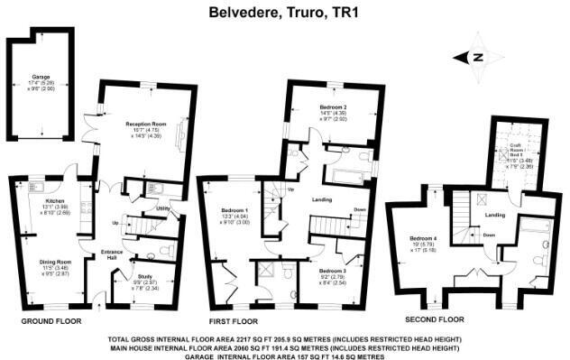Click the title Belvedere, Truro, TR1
(285, 12)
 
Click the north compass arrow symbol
(479, 57)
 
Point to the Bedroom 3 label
(332, 270)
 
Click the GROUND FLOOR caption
(51, 320)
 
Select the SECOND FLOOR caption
(434, 320)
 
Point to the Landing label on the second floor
(494, 215)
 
